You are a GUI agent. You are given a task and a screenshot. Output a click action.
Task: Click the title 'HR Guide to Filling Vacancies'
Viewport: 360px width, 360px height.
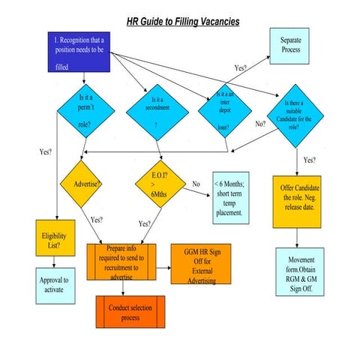182,22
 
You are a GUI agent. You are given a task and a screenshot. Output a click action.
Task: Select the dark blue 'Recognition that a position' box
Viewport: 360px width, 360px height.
81,52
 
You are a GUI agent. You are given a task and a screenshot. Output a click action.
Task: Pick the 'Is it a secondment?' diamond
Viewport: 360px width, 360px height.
156,113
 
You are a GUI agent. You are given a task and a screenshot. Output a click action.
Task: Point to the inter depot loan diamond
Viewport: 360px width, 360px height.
224,112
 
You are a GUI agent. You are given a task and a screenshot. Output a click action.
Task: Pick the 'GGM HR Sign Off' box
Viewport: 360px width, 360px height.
201,263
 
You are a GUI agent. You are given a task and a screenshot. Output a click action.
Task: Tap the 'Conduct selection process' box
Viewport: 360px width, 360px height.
130,311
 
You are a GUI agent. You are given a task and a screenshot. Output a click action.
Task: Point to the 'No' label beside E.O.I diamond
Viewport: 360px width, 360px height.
196,183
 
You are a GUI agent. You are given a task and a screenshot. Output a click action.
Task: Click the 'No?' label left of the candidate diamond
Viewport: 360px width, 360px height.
260,124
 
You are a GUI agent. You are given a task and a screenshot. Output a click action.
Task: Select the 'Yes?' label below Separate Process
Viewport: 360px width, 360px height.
241,67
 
